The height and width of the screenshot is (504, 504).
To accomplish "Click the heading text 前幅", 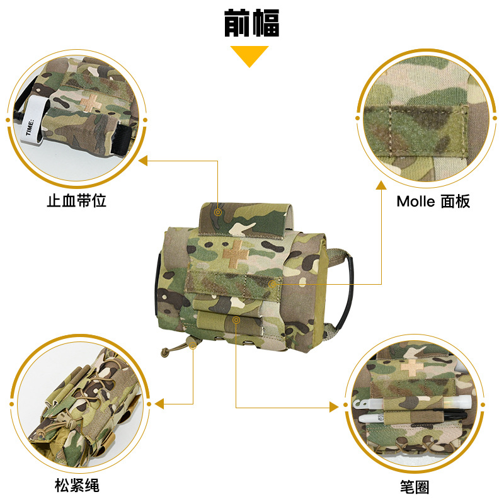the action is (251, 23).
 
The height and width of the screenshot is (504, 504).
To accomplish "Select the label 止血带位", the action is (76, 201).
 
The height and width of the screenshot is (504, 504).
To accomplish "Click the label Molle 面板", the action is (433, 201).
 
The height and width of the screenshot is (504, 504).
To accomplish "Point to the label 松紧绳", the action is (77, 485).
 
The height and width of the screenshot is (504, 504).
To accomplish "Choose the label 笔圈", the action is (415, 487).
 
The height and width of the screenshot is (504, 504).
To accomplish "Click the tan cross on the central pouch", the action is (236, 254).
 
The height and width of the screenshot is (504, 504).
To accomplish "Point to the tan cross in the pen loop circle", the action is (413, 367).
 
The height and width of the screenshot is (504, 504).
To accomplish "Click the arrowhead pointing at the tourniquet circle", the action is (143, 161).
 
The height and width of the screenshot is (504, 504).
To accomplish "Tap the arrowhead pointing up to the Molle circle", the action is (381, 185).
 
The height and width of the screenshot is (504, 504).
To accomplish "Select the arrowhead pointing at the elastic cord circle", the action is (159, 404).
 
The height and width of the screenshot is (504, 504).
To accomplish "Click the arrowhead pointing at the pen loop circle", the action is (334, 407).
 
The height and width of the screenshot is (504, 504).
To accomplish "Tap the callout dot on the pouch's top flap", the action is (218, 212).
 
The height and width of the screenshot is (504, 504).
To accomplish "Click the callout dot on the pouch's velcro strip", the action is (272, 284).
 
